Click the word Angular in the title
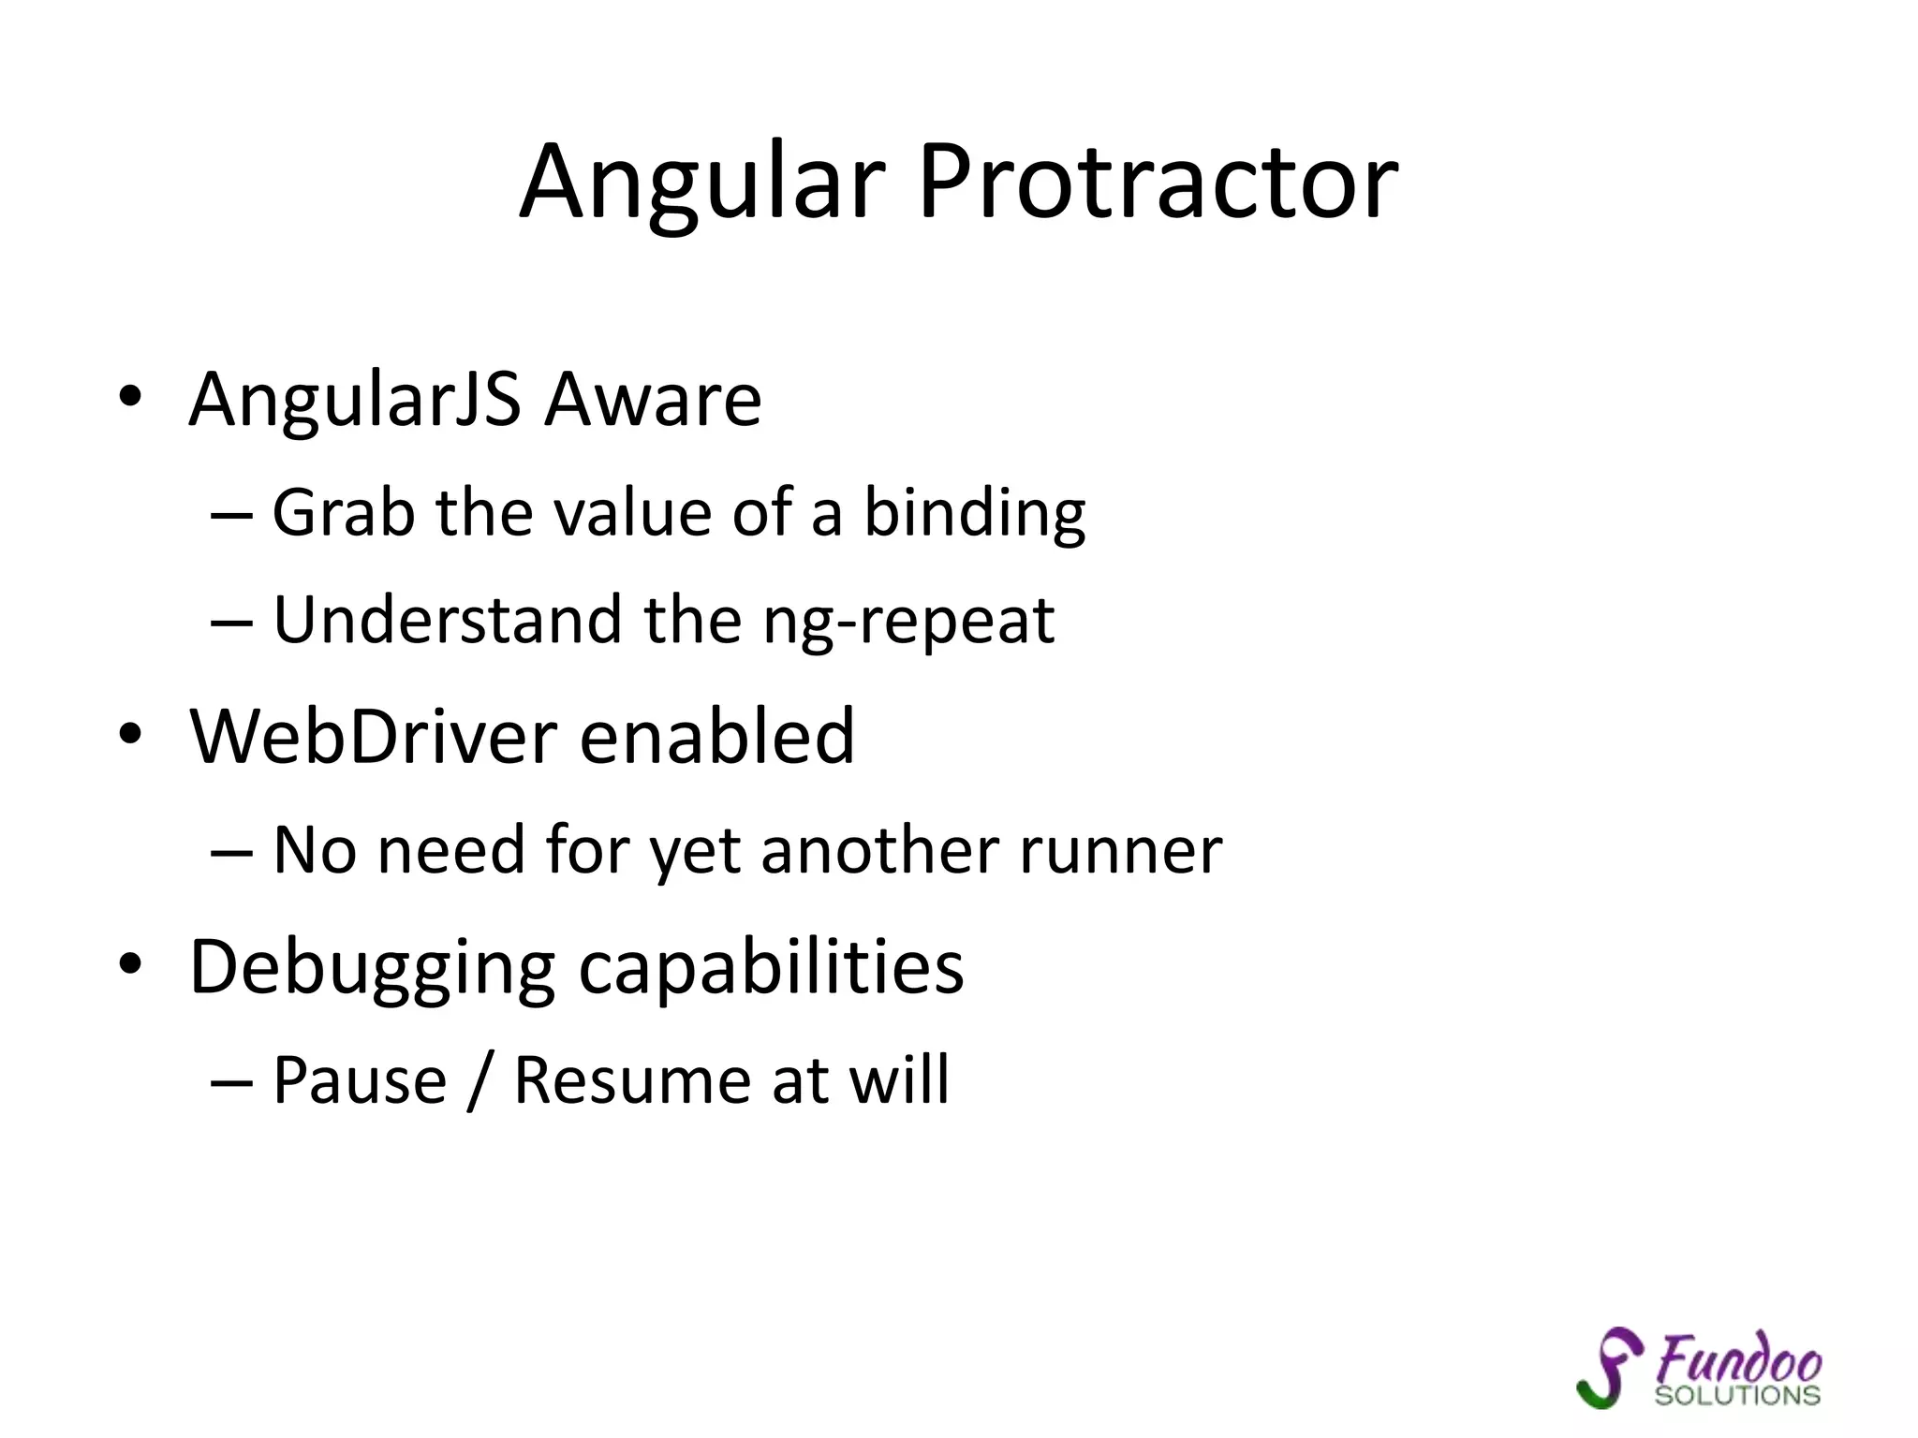(702, 183)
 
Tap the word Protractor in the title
(1158, 183)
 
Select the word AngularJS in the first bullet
(355, 401)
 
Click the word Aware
(654, 401)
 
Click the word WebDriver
(374, 737)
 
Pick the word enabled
(716, 737)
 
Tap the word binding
(974, 515)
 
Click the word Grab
(343, 515)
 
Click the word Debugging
(373, 968)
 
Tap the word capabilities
(771, 968)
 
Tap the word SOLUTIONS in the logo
(1737, 1396)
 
